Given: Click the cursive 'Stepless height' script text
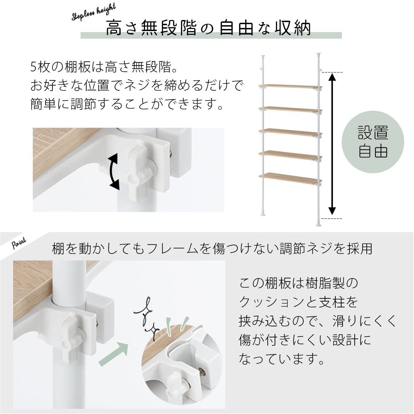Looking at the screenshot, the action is pyautogui.click(x=94, y=12).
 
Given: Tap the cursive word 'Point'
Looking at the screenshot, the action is pyautogui.click(x=19, y=244).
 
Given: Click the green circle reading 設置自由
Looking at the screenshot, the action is pyautogui.click(x=373, y=142).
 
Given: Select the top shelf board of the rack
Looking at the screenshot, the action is pyautogui.click(x=290, y=87).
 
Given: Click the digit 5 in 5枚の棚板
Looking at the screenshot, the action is pyautogui.click(x=33, y=67).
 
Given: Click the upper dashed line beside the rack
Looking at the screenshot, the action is pyautogui.click(x=332, y=72).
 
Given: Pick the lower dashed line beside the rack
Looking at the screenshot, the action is pyautogui.click(x=332, y=218).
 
